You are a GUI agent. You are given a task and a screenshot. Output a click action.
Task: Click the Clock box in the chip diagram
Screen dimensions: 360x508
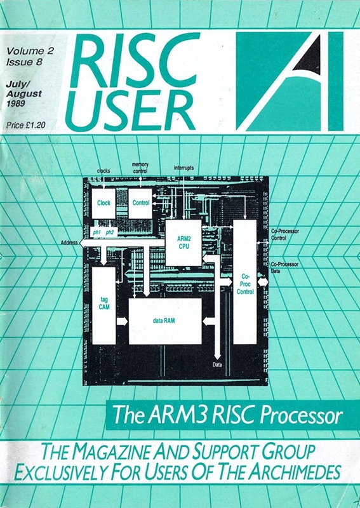(103, 203)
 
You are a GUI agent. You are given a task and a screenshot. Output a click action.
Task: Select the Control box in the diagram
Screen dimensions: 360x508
(140, 203)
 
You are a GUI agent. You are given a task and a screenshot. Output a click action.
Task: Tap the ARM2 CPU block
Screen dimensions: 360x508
(183, 243)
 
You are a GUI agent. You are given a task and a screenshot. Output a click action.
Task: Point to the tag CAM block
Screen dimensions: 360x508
(104, 305)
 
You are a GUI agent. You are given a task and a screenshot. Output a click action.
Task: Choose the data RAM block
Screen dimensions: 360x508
(165, 321)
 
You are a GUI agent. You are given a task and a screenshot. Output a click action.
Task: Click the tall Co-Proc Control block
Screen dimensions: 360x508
(245, 282)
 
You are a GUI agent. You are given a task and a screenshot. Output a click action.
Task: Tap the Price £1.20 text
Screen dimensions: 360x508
(26, 124)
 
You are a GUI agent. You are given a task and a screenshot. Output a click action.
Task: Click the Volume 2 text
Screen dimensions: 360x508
(30, 51)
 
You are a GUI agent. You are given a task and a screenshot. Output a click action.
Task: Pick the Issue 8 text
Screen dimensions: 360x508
(24, 62)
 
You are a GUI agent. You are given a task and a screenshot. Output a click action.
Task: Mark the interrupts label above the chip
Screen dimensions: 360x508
(183, 168)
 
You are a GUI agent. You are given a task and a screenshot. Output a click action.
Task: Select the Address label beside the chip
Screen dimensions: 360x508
(69, 242)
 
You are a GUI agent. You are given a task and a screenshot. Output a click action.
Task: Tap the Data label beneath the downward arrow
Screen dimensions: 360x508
(217, 365)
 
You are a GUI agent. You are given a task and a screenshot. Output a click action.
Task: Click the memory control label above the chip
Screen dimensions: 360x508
(140, 168)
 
